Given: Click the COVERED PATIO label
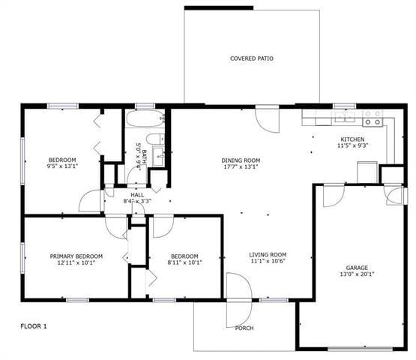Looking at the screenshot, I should coord(251,58).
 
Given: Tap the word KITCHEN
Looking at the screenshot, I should coord(352,139).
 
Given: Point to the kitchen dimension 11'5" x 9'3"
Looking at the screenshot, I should coord(352,147).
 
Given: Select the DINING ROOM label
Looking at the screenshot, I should coord(241,160).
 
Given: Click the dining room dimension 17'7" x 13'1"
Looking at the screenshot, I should coord(241,167).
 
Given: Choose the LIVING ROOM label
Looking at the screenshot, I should coord(268,255).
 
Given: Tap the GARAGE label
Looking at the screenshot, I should coord(357,267).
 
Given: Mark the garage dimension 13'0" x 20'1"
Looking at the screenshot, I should coord(357,274).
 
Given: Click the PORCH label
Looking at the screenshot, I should coord(244,328).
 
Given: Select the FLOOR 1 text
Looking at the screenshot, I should coord(34,326).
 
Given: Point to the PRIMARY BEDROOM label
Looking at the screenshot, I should coord(76,256).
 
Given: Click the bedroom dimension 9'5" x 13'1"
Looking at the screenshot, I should coord(63,167).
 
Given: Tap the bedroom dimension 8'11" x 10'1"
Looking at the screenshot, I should coord(184,262).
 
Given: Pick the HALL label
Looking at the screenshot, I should coord(137,194).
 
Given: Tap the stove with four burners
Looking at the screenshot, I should coord(373,118).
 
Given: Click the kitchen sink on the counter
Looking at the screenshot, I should coord(346,118).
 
